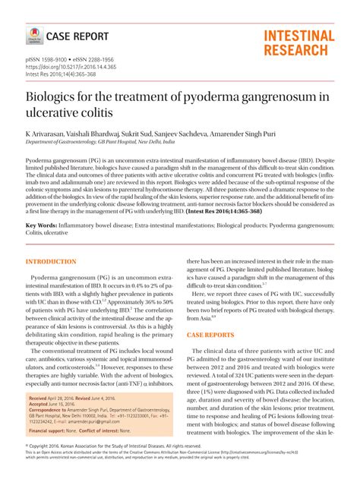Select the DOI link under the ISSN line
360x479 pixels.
coord(71,67)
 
